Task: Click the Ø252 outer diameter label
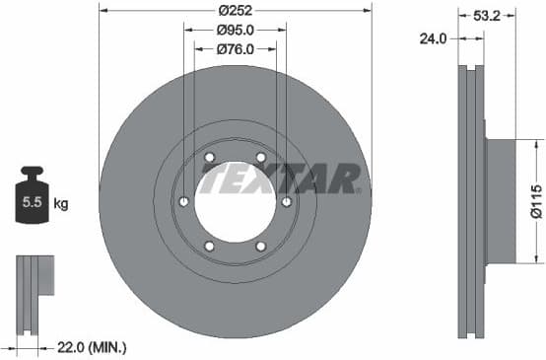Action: pos(235,12)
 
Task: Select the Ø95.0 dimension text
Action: pos(235,29)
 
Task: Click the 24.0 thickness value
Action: pos(435,38)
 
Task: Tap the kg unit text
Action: pos(61,204)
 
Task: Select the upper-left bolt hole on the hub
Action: pos(209,158)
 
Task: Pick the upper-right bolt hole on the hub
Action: pos(260,158)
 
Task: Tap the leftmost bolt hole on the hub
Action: pos(183,202)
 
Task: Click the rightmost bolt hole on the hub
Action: pos(286,202)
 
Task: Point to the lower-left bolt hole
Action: pos(209,247)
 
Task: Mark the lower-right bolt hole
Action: pos(260,247)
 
